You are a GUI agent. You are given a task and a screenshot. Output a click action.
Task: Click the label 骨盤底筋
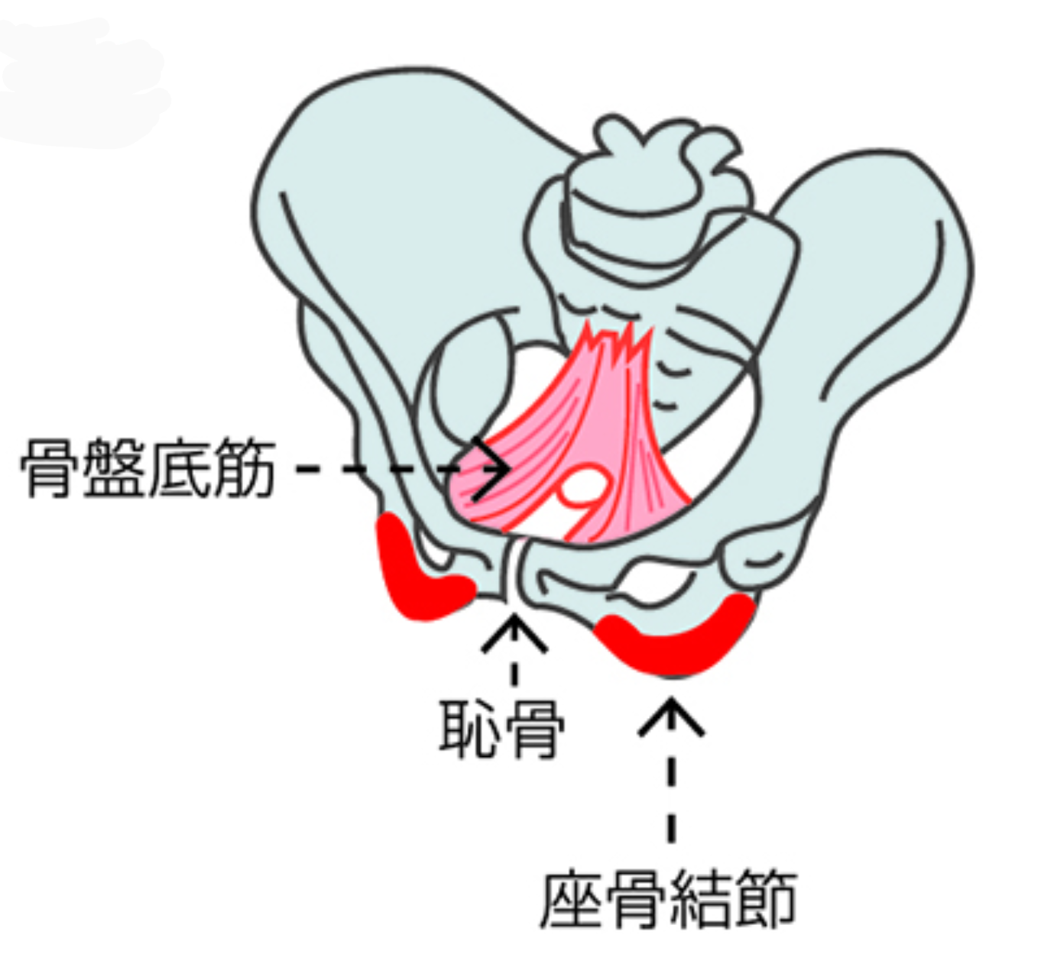tap(147, 467)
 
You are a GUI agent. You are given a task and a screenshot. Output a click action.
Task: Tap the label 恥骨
tap(501, 728)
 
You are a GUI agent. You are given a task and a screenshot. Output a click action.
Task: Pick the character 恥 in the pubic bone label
tap(468, 728)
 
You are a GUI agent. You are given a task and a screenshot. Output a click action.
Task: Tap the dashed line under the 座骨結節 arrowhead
tap(671, 794)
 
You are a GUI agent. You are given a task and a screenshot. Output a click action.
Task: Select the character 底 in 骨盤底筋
tap(180, 467)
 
